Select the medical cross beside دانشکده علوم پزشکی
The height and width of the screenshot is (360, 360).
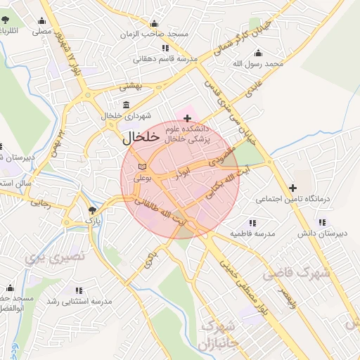pyautogui.click(x=187, y=117)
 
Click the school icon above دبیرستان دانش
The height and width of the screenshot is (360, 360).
pyautogui.click(x=321, y=222)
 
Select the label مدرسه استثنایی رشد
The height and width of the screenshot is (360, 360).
pyautogui.click(x=79, y=301)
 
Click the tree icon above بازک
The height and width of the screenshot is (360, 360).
pyautogui.click(x=92, y=210)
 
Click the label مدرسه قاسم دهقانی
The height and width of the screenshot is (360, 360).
pyautogui.click(x=166, y=58)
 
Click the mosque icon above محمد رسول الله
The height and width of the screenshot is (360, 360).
pyautogui.click(x=258, y=53)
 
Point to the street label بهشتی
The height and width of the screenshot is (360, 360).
pyautogui.click(x=130, y=86)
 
